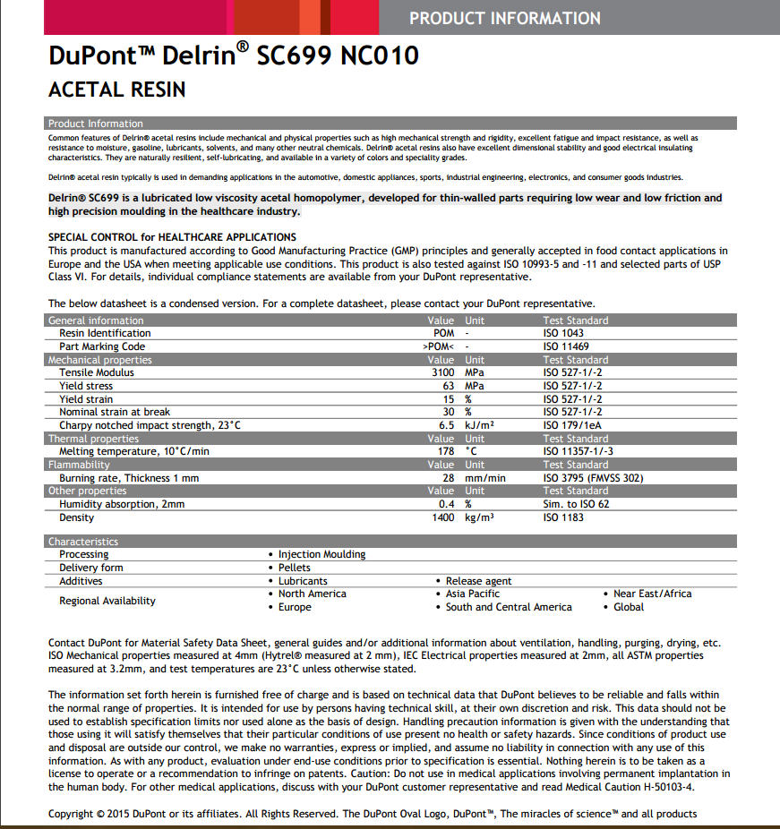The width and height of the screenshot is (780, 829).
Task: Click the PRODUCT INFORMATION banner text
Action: tap(504, 18)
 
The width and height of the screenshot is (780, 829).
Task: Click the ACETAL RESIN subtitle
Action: tap(116, 90)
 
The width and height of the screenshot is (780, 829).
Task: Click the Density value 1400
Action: tap(442, 517)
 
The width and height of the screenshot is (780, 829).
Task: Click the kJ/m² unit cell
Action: tap(480, 425)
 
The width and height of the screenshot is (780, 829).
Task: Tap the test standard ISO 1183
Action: tap(563, 517)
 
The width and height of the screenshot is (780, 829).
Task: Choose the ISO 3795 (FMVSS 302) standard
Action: tap(593, 478)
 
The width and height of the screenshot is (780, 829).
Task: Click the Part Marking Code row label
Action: tap(102, 346)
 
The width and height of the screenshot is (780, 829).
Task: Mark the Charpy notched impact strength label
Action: tap(150, 425)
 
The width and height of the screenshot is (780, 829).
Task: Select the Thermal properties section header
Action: tap(93, 439)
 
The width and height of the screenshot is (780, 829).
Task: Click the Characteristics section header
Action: tap(83, 542)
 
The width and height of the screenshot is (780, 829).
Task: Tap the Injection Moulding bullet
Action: tap(321, 554)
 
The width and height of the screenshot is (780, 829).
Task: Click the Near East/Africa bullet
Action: tap(652, 594)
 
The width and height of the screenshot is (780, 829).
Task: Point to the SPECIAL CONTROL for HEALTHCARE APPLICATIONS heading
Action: tap(172, 237)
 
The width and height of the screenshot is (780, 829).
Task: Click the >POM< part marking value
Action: tap(439, 346)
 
